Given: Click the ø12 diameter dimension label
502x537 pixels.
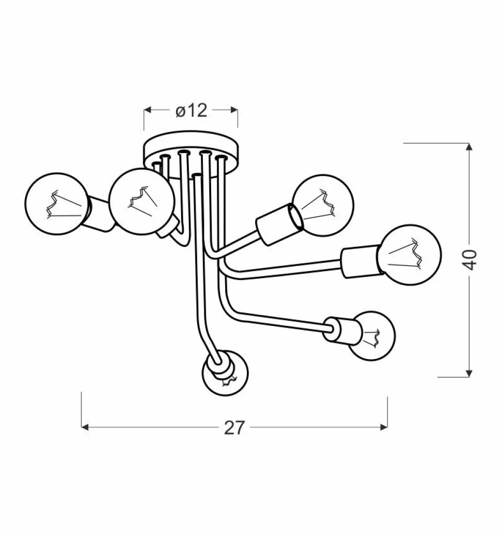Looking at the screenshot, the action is pyautogui.click(x=191, y=111).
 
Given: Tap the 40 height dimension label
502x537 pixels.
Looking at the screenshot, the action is pyautogui.click(x=471, y=260).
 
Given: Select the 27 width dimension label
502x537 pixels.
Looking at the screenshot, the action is pyautogui.click(x=234, y=427).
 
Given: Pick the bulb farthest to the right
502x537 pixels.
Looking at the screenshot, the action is pyautogui.click(x=409, y=255).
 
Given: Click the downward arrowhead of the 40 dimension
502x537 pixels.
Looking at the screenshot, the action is pyautogui.click(x=469, y=374).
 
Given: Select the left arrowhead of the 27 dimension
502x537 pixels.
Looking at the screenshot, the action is pyautogui.click(x=85, y=427).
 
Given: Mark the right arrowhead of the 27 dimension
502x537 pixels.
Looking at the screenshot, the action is pyautogui.click(x=384, y=427).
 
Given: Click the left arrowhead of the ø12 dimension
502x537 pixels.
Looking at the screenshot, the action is pyautogui.click(x=147, y=110).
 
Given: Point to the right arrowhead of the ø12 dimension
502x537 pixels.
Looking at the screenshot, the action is pyautogui.click(x=234, y=110).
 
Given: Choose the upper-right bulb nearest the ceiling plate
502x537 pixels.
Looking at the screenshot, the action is pyautogui.click(x=324, y=205).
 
